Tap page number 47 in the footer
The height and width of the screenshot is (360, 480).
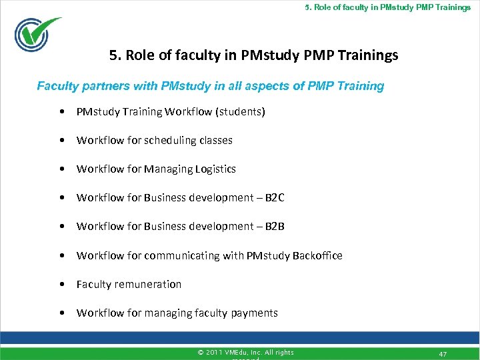(x=443, y=354)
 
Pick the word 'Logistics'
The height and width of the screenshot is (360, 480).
(x=215, y=169)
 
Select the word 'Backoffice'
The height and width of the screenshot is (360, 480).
(x=317, y=255)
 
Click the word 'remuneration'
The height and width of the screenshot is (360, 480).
(x=148, y=284)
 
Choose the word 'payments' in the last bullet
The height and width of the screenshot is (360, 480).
(x=254, y=313)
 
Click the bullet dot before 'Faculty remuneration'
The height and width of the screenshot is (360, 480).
(x=61, y=285)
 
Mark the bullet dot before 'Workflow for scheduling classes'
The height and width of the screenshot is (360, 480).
(x=61, y=141)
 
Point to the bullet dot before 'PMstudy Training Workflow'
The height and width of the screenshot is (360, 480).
(x=61, y=112)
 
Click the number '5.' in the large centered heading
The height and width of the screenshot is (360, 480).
(x=115, y=55)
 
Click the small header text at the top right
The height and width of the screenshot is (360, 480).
(x=387, y=7)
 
